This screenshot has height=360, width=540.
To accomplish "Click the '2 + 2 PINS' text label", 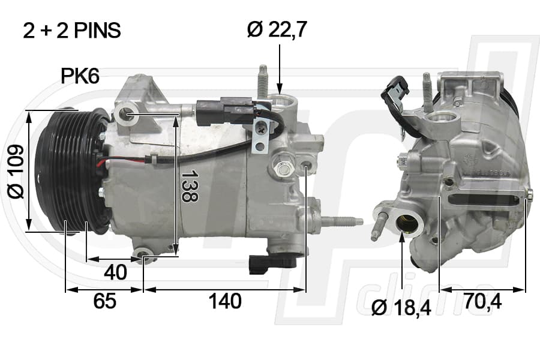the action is click(x=71, y=30).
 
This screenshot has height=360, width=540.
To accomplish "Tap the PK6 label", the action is click(x=80, y=76).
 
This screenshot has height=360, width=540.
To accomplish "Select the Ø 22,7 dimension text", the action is click(x=277, y=29).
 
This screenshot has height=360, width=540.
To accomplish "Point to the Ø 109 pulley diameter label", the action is click(x=16, y=172).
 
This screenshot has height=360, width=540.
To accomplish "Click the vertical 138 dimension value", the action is click(x=190, y=185).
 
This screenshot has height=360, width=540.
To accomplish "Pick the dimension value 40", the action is click(x=115, y=272).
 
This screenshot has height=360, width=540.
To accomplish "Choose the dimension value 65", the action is click(x=104, y=301).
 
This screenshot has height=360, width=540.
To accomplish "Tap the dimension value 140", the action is click(x=225, y=301).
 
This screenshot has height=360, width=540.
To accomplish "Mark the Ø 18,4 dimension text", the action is click(x=401, y=308).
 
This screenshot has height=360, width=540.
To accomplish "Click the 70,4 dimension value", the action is click(x=482, y=301).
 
